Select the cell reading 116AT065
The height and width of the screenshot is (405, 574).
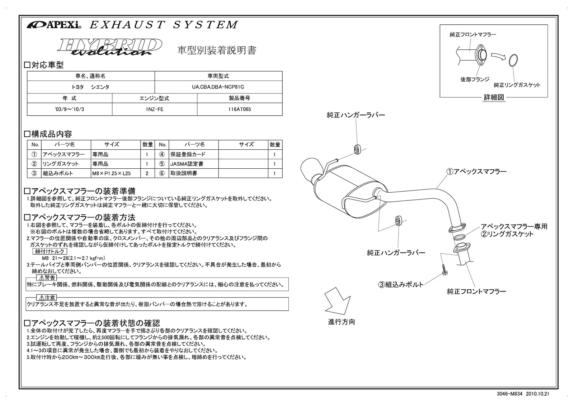(240, 109)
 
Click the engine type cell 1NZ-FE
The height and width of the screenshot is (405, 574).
(155, 109)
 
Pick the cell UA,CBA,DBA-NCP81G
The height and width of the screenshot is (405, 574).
(218, 87)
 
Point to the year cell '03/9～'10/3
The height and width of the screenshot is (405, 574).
(70, 109)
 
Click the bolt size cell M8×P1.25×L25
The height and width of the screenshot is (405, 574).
(111, 173)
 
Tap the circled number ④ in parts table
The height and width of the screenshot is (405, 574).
(162, 154)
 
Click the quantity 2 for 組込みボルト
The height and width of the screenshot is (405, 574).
(147, 173)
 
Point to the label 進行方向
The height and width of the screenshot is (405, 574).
(342, 322)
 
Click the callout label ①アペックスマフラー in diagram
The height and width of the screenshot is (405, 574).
(476, 172)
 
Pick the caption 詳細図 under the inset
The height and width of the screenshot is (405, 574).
(494, 97)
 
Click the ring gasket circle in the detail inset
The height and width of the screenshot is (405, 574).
(513, 60)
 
